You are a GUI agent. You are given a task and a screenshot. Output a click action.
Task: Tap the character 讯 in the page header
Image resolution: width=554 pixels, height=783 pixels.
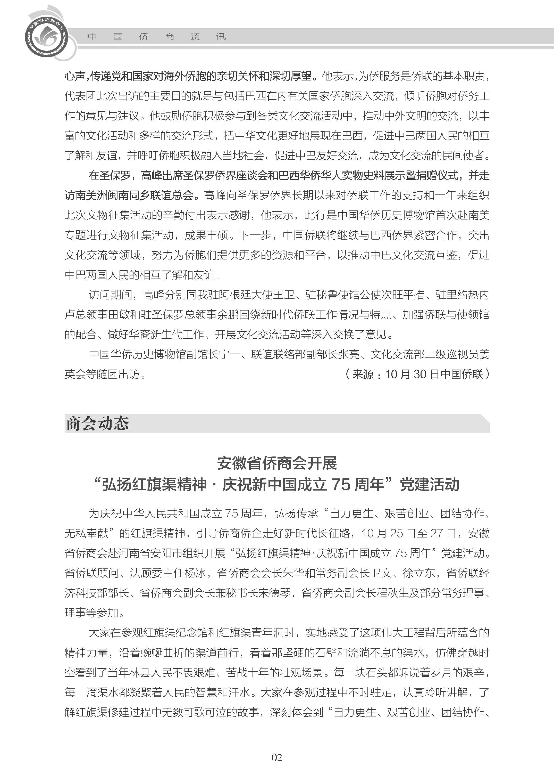[221, 37]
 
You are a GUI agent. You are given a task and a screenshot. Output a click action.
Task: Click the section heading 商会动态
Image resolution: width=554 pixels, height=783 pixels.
[97, 424]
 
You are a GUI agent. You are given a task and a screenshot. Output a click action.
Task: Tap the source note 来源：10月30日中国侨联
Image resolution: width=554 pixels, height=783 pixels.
[417, 374]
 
